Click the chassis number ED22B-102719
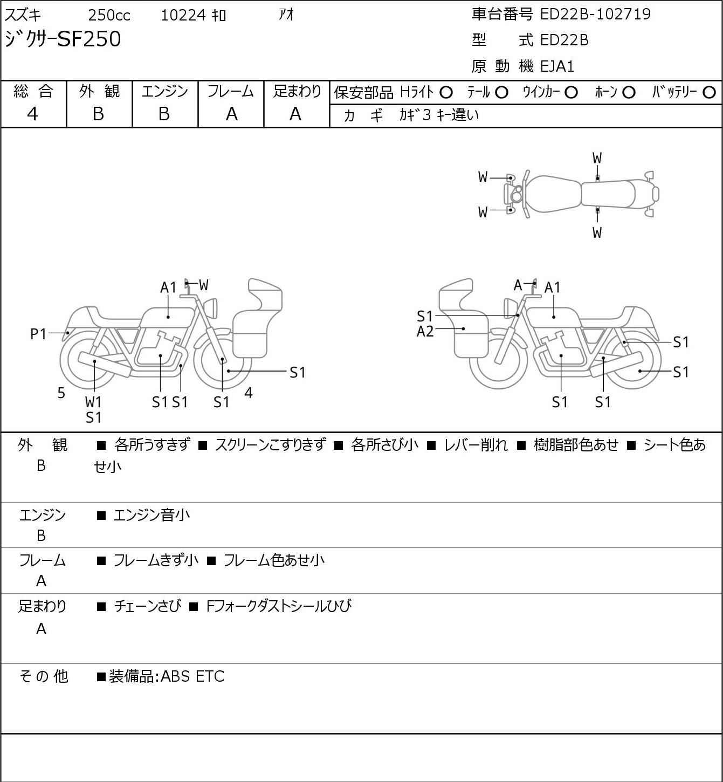coord(595,14)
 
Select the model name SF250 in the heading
coord(89,39)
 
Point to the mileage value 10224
coord(183,16)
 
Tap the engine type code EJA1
coord(557,66)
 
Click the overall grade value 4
coord(33,114)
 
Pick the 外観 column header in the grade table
coord(99,92)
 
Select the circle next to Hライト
coord(446,93)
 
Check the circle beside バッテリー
coord(710,93)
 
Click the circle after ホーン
coord(629,93)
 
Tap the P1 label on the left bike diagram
coord(38,334)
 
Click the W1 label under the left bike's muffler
coord(93,402)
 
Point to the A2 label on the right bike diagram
coord(425,331)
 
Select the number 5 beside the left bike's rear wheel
coord(61,393)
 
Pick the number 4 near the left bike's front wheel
coord(249,393)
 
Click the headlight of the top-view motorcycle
coord(517,194)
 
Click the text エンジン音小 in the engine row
coord(152,516)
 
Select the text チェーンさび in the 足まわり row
coord(147,606)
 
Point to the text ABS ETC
coord(192,676)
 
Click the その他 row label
coord(44,676)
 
